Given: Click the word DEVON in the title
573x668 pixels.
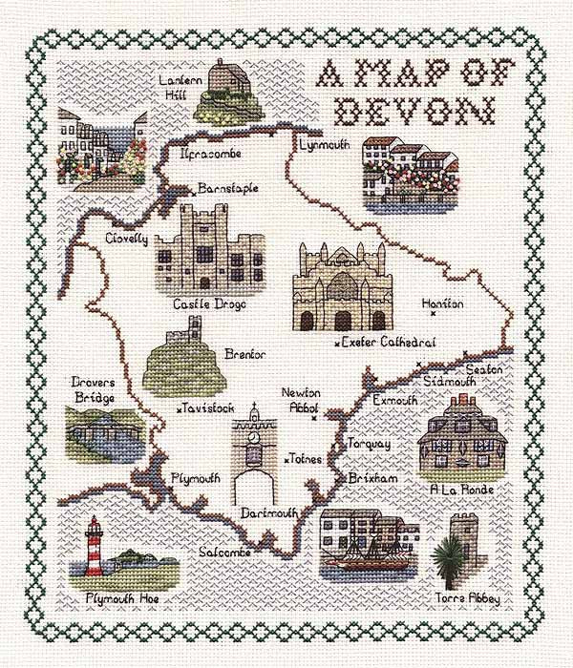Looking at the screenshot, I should click(x=413, y=112).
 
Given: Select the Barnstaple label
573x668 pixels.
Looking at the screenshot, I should click(x=228, y=188).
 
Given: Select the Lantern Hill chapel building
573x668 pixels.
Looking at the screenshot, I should click(x=229, y=76).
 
